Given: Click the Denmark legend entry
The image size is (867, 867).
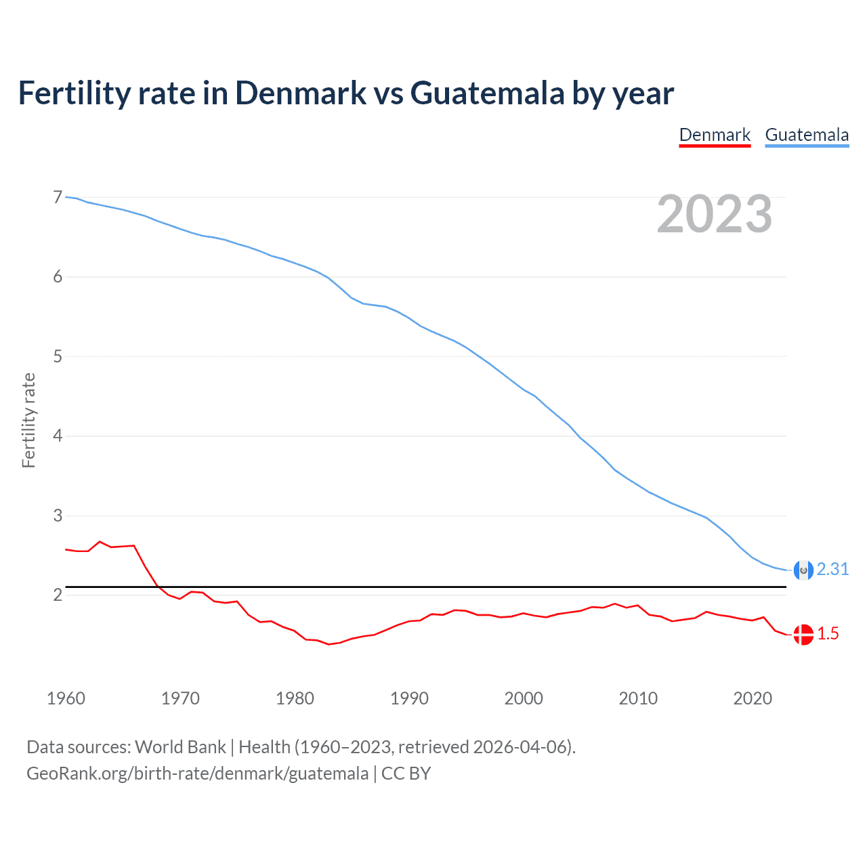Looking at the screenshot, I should tap(715, 135).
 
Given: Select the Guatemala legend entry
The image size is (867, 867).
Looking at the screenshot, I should tap(807, 135).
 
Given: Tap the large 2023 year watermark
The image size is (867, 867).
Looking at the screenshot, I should tap(715, 214).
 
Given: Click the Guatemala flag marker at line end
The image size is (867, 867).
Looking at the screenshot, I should tap(803, 570).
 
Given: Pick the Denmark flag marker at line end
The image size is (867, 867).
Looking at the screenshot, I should tap(803, 635).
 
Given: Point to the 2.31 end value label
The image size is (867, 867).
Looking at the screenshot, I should tap(832, 570).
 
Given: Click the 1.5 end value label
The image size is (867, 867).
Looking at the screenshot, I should tap(828, 634).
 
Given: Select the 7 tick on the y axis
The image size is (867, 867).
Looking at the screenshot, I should tap(58, 198).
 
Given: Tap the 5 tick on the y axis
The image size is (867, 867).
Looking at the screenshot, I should tap(58, 357).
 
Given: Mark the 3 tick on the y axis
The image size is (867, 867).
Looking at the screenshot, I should tap(58, 516).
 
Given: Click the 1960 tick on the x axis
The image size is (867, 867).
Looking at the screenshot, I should tap(66, 698).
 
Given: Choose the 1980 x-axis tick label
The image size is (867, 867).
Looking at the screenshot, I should tap(295, 698).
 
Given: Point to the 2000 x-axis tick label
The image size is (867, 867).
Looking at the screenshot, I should tap(524, 698).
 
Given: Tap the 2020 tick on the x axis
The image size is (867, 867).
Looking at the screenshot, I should tap(753, 698).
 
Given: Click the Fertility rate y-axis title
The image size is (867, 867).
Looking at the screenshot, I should tap(28, 420).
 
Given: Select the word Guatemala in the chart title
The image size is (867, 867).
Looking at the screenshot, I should tap(487, 93).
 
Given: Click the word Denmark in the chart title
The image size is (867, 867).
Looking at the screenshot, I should tap(300, 93).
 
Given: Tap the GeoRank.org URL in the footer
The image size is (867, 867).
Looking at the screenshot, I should tap(197, 774).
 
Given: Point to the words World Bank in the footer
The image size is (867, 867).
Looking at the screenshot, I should tap(180, 747).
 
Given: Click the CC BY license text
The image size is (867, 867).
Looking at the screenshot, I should tap(406, 774).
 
